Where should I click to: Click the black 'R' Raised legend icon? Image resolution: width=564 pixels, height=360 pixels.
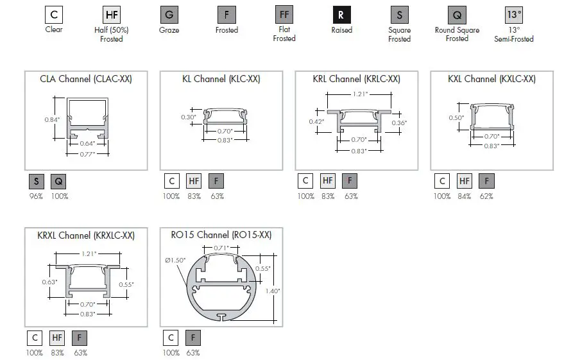342,15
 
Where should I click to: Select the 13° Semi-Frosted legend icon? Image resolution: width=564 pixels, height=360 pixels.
514,15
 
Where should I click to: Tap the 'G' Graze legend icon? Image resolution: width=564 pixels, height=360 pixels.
169,15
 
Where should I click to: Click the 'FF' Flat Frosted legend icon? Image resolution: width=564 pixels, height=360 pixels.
284,15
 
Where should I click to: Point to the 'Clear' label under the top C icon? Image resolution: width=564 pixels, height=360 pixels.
54,30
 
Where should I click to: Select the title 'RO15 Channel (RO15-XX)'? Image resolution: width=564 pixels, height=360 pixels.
221,235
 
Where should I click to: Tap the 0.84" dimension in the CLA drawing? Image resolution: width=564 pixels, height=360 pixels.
53,120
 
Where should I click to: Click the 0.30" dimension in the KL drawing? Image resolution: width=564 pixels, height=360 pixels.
188,117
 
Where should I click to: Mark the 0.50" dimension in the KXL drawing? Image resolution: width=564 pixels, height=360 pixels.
456,118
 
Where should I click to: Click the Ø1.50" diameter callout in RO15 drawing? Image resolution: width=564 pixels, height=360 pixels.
175,260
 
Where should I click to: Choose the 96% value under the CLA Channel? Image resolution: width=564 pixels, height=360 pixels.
36,196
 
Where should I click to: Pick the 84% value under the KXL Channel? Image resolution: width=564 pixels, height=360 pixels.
464,196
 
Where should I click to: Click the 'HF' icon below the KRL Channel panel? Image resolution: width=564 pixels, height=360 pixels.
328,182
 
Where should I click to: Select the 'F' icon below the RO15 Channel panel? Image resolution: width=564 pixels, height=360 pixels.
193,338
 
